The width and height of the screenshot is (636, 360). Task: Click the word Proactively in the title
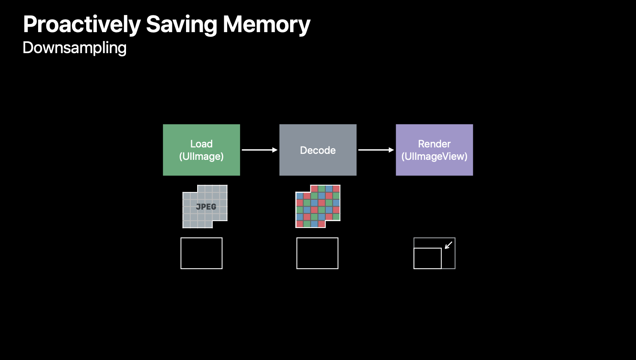[x=82, y=25]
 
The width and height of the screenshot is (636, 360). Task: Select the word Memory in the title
[x=266, y=25]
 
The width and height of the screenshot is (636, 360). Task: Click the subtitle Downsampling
[x=75, y=48]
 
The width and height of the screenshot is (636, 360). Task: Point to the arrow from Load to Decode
[x=260, y=150]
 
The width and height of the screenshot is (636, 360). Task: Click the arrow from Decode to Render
[x=376, y=150]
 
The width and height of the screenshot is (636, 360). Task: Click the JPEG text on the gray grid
[x=206, y=207]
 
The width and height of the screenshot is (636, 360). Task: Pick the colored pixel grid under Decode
[x=318, y=206]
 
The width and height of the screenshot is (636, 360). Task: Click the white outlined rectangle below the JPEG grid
[x=201, y=253]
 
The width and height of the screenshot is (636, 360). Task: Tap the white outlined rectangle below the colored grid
[x=317, y=253]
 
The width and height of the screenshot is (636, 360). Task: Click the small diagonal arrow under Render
[x=449, y=245]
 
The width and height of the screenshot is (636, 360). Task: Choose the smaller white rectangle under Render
[x=427, y=258]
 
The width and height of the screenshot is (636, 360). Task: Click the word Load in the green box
[x=201, y=144]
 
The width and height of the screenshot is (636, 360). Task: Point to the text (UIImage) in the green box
[x=201, y=156]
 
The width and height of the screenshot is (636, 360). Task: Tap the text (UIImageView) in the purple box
[x=434, y=156]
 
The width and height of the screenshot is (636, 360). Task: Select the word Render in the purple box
[x=434, y=144]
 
